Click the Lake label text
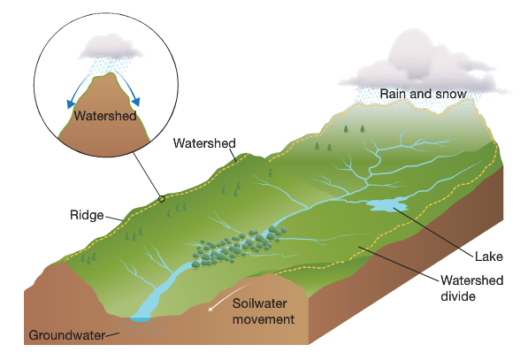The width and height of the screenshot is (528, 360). tap(488, 257)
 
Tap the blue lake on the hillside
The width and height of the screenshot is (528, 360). tap(386, 204)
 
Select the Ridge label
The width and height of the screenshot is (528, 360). tap(87, 215)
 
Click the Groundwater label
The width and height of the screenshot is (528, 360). tap(66, 335)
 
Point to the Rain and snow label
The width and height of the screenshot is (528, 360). tap(424, 94)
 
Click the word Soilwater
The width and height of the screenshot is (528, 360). tap(260, 303)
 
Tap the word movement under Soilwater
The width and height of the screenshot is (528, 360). tap(264, 319)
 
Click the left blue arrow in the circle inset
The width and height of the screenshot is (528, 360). tap(76, 90)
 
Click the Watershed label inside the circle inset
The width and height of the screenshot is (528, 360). tap(105, 116)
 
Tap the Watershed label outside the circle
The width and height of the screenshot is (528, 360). tap(204, 143)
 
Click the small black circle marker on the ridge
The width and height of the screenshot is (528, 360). tap(162, 199)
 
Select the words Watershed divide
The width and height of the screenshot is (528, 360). tap(471, 288)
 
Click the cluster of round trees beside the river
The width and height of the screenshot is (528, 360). tap(237, 248)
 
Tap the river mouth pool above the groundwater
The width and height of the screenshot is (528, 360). tap(141, 318)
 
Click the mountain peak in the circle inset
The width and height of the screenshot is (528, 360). tap(109, 77)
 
